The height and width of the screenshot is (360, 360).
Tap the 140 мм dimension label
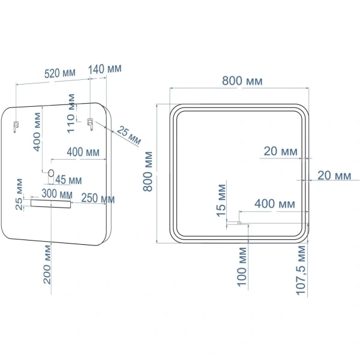point(105,68)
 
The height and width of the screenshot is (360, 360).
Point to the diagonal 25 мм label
point(129,136)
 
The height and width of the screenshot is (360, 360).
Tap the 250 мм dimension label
point(98,199)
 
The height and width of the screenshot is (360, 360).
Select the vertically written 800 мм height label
point(149,171)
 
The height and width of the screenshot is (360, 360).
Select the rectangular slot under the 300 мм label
point(52,204)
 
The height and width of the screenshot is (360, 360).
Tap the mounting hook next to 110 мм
point(90,123)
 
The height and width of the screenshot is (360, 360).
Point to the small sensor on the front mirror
point(239,223)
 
